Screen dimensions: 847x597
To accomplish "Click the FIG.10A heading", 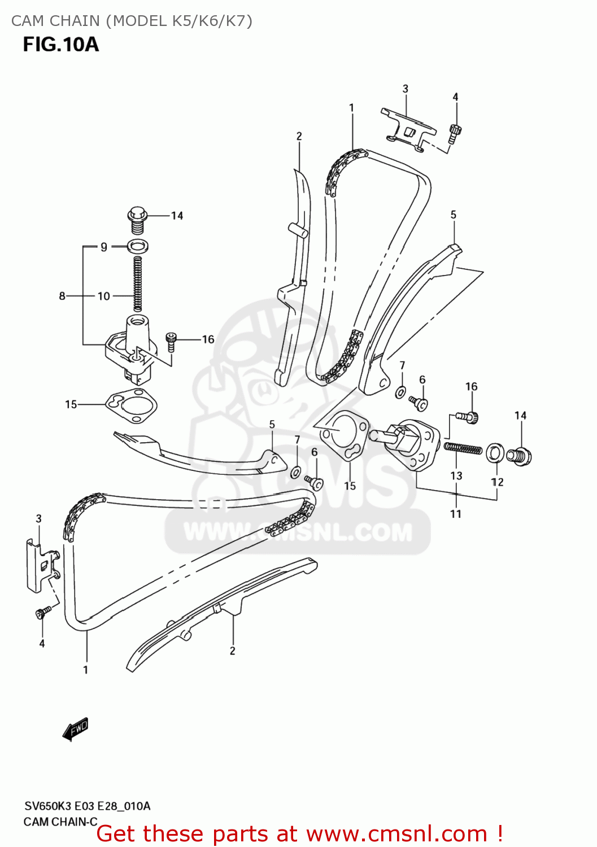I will coord(61,44).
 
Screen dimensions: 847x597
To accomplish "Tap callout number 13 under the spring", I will coord(456,476).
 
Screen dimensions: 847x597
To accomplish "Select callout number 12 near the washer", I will coord(497,482).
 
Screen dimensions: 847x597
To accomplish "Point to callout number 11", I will coord(456,514).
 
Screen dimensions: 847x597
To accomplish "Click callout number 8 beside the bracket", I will coord(62,296).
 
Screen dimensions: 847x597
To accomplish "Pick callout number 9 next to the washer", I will coord(104,247).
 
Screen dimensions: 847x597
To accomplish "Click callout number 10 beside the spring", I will coord(104,296).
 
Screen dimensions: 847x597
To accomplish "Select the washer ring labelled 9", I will coord(138,246).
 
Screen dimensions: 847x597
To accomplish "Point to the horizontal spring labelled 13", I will coord(463,449).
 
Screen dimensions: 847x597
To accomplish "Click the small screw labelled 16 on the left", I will coord(172,341).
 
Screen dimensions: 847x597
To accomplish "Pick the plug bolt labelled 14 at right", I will coord(519,456).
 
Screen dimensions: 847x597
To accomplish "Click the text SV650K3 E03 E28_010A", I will coord(87,806).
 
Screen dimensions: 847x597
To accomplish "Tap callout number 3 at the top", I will coord(405,89).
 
